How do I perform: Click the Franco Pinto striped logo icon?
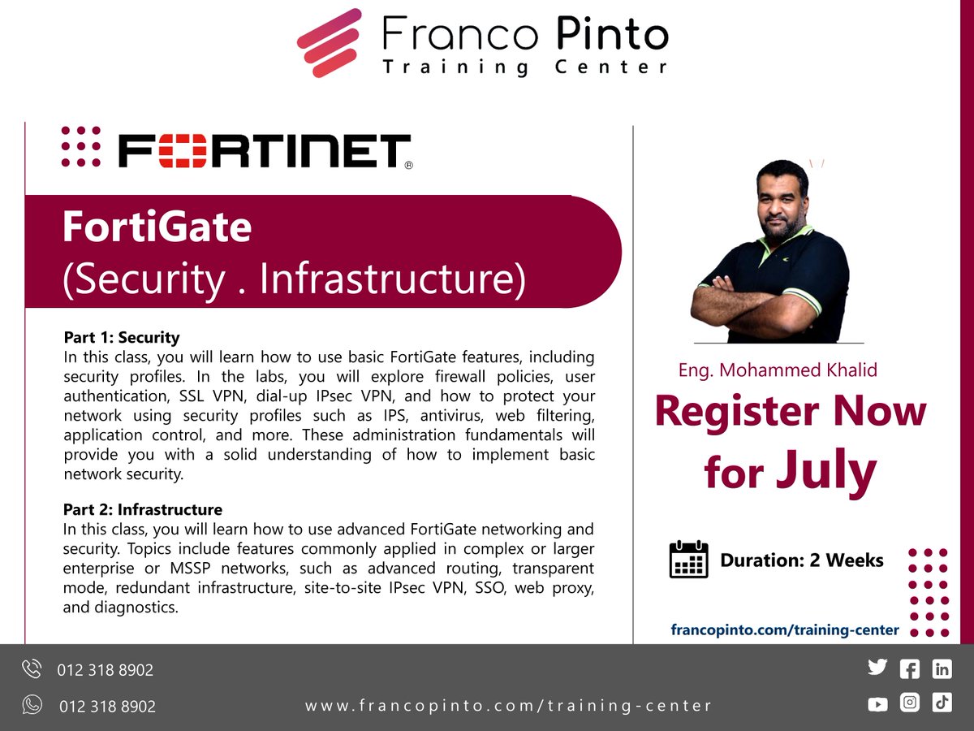coord(329,42)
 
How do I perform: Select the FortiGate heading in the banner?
coord(157,228)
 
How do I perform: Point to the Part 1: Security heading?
coord(122,337)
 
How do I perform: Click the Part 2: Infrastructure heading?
coord(143,510)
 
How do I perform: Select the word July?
coord(825,470)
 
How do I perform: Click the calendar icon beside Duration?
coord(688,560)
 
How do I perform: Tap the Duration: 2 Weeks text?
coord(802,560)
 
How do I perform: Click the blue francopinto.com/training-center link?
coord(785,629)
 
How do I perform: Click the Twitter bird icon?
coord(877,668)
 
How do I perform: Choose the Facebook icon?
coord(910,669)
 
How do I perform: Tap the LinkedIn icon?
coord(942,669)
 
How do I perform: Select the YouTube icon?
coord(877,704)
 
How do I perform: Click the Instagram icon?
coord(910,703)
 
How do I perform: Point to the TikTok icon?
coord(942,703)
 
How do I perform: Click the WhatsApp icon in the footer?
coord(32,704)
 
